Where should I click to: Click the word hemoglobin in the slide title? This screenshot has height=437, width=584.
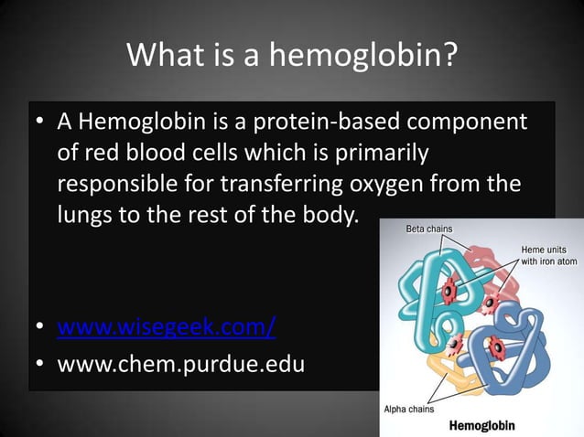363,56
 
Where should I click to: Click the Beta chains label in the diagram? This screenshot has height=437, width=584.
429,229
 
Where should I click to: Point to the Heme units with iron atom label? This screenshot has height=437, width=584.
549,255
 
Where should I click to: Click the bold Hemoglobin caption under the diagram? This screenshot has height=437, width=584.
481,425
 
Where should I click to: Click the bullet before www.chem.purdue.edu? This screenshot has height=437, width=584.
41,364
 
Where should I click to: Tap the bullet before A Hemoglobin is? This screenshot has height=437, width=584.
41,123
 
